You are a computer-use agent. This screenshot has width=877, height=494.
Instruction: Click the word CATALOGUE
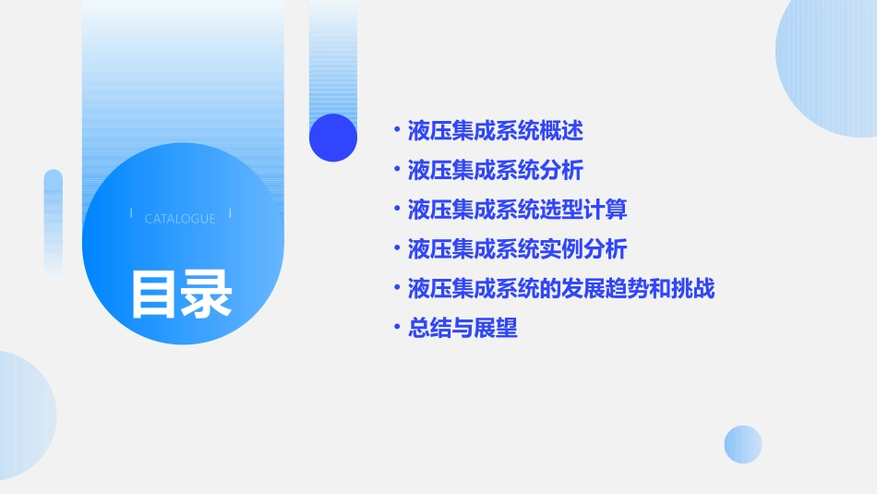click(180, 219)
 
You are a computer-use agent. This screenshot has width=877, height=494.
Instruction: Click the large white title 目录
click(181, 294)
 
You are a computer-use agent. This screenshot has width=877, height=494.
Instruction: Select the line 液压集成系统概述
click(495, 131)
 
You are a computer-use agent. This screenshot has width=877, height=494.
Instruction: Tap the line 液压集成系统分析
click(495, 171)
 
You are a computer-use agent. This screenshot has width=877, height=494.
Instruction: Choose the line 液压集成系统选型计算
click(517, 210)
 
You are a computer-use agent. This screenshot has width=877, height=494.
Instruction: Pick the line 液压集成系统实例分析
click(517, 249)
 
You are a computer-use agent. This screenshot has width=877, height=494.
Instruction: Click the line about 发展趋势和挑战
click(560, 289)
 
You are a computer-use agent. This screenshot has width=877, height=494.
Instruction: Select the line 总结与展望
click(463, 328)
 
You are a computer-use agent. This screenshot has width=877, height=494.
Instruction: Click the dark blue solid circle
click(333, 138)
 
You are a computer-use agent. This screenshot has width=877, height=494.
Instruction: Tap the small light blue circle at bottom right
click(743, 444)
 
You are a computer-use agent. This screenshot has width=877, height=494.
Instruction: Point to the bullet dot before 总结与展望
click(396, 328)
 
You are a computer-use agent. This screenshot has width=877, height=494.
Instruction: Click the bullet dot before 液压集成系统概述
click(396, 131)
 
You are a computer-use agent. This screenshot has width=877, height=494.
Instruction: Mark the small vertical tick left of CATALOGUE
click(131, 214)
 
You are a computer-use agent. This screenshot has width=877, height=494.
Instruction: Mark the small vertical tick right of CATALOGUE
click(230, 214)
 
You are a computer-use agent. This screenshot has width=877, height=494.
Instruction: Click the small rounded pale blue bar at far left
click(54, 223)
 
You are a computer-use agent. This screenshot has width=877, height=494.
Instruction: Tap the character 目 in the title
click(154, 294)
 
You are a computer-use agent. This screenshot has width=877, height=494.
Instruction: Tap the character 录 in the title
click(207, 294)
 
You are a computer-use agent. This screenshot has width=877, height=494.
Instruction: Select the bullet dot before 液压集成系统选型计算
click(396, 210)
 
